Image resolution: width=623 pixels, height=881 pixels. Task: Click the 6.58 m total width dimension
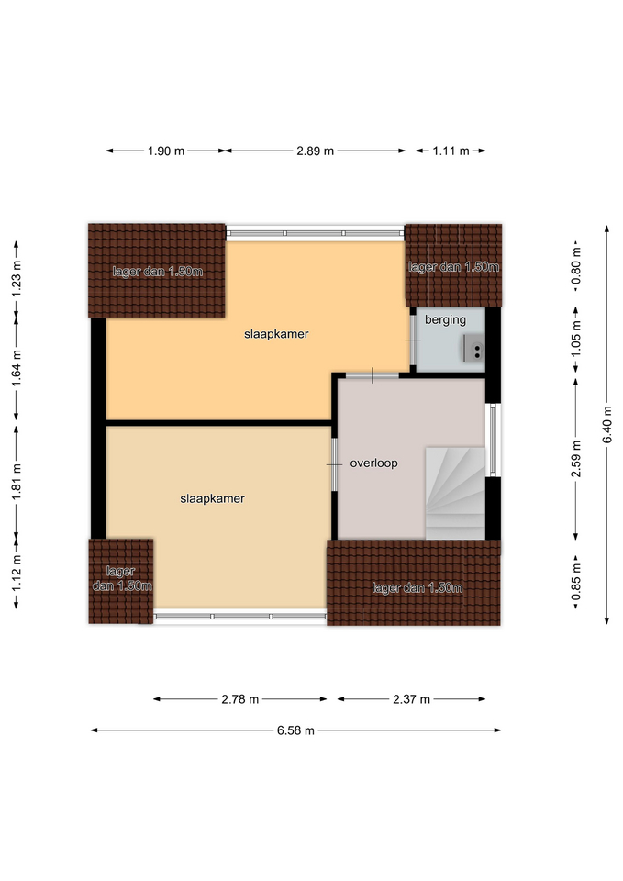[295, 730]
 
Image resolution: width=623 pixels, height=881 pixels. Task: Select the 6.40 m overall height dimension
[607, 424]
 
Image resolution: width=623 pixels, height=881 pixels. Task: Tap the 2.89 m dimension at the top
[315, 151]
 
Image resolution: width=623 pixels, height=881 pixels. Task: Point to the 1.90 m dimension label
[166, 151]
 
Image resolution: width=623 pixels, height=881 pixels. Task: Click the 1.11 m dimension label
[451, 151]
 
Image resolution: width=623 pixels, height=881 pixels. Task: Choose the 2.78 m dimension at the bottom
[239, 699]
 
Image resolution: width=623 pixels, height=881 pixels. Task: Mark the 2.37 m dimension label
[411, 699]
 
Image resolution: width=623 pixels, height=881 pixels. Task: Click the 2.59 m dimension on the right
[576, 459]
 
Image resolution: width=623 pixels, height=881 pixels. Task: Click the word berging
[446, 320]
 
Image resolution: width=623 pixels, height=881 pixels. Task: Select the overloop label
[373, 463]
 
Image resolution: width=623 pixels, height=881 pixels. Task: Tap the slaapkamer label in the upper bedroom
[276, 334]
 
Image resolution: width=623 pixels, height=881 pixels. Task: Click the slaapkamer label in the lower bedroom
[212, 498]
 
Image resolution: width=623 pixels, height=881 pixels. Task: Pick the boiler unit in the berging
[473, 349]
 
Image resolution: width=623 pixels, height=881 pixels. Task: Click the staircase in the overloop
[455, 494]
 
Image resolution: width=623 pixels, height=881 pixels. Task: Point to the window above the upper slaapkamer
[315, 232]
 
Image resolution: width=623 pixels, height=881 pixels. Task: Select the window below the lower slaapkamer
[240, 617]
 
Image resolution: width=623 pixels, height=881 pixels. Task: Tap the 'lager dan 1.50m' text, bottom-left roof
[121, 579]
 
